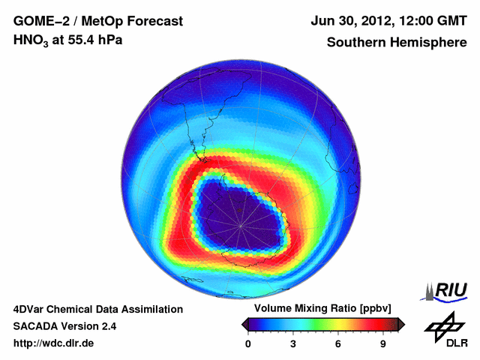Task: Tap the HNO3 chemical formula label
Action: click(x=31, y=40)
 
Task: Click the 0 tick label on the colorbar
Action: click(x=248, y=343)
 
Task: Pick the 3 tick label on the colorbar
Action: click(x=293, y=343)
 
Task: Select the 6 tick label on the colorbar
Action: click(x=338, y=343)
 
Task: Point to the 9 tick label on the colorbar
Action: click(x=383, y=343)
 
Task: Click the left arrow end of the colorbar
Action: click(x=244, y=324)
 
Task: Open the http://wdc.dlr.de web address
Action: click(x=54, y=343)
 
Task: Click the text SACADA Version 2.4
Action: click(x=64, y=326)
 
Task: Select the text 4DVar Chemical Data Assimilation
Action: click(x=97, y=309)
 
